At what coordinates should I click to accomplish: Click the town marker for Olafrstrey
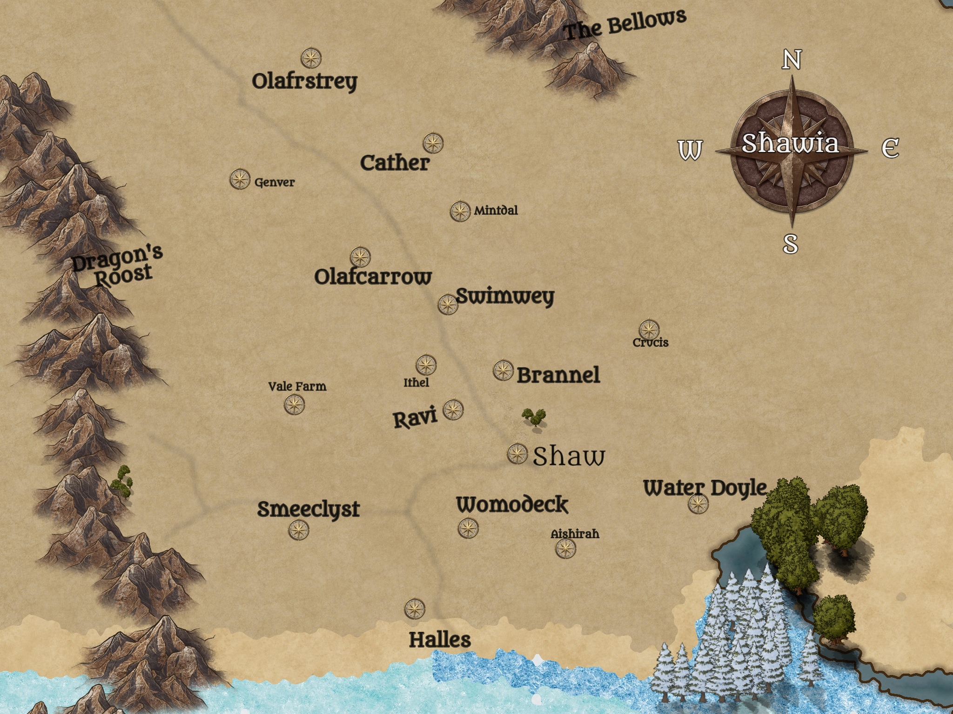tap(311, 58)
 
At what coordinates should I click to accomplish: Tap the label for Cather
tap(395, 163)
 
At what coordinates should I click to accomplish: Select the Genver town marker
tap(240, 179)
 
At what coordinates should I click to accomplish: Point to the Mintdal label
tap(496, 211)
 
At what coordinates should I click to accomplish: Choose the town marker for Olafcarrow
tap(360, 257)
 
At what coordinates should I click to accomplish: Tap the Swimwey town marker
tap(448, 304)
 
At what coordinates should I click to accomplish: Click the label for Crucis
tap(651, 343)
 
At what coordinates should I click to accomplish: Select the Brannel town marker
tap(503, 370)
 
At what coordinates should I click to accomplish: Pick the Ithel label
tap(416, 383)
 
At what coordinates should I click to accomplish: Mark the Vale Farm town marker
tap(295, 404)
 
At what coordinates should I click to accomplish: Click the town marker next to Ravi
tap(453, 410)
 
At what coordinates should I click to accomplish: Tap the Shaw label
tap(569, 456)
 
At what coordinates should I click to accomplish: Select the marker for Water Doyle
tap(698, 504)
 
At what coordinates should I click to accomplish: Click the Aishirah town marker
tap(565, 549)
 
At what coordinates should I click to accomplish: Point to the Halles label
tap(440, 640)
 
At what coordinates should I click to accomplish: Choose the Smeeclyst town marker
tap(299, 529)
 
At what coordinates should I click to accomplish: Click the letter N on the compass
tap(792, 60)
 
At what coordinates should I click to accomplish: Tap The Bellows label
tap(624, 25)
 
